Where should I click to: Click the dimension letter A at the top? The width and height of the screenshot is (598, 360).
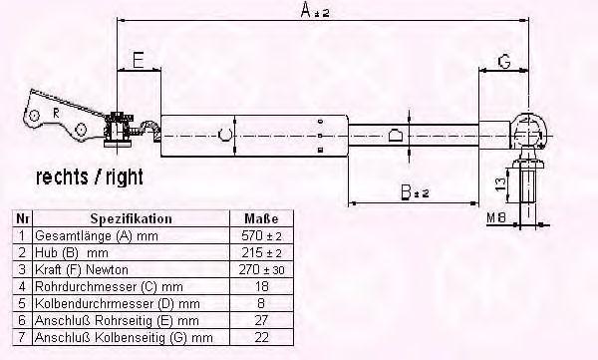(x=306, y=10)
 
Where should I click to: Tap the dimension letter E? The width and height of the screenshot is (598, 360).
(x=139, y=60)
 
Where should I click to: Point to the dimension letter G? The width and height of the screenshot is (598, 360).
(x=504, y=61)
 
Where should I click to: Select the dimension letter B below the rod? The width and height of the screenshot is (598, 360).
(x=407, y=192)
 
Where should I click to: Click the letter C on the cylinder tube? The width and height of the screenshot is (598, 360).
(x=225, y=136)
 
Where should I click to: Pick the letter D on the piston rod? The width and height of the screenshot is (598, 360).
(x=395, y=136)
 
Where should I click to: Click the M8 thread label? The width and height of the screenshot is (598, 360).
(x=496, y=218)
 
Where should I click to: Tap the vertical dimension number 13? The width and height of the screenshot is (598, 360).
(x=502, y=185)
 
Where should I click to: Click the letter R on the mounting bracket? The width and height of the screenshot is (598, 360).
(x=56, y=113)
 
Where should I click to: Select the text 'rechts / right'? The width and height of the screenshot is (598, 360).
(x=90, y=178)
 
